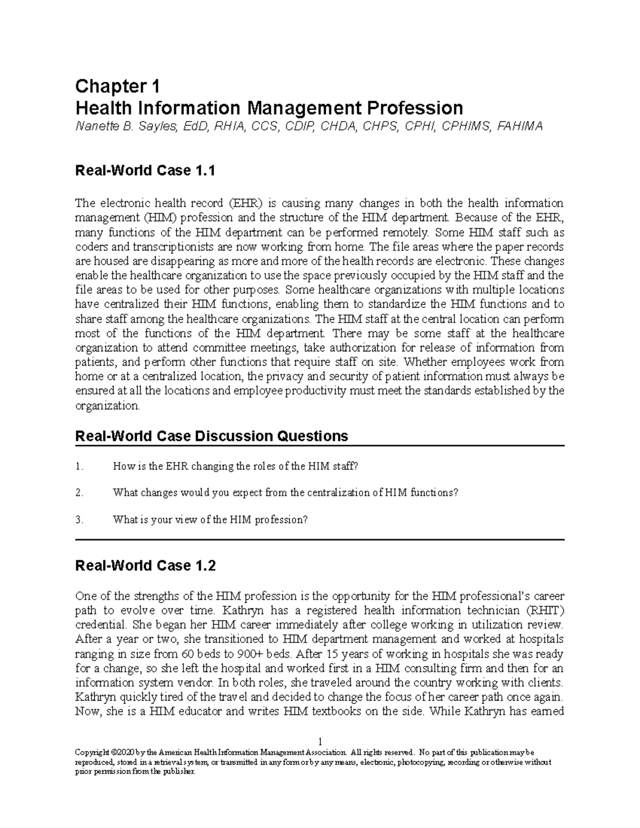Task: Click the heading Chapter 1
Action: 118,86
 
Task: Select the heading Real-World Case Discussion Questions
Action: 212,436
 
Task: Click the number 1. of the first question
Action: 79,467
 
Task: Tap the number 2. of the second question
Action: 79,493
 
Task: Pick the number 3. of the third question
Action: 79,520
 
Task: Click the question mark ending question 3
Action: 306,520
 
